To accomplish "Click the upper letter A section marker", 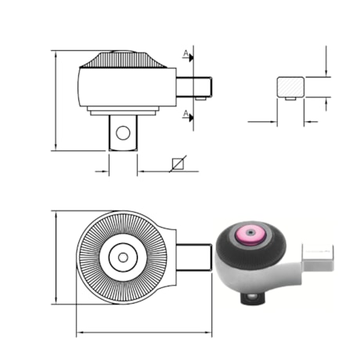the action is [x=185, y=53].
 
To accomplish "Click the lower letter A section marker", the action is [x=185, y=113].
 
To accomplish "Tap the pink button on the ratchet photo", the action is [x=250, y=236].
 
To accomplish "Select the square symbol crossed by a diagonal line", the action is [x=178, y=164].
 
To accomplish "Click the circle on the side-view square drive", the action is [x=123, y=133].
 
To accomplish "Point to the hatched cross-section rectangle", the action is [x=290, y=87].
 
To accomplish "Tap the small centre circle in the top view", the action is [x=123, y=257].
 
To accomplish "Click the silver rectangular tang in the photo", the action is [x=318, y=257].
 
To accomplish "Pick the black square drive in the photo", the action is [x=253, y=298].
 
